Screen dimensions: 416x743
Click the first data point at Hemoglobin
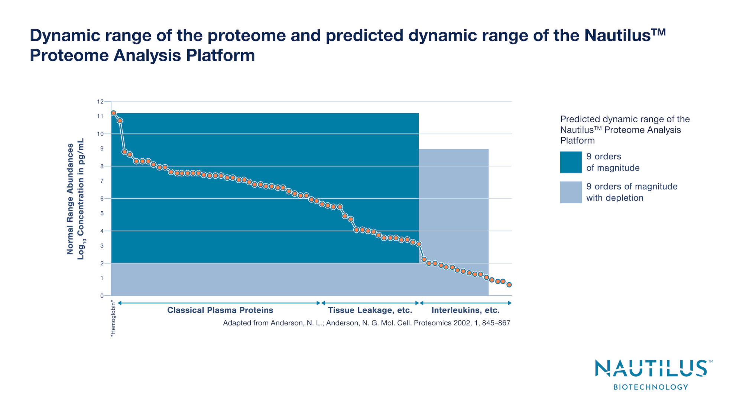113,113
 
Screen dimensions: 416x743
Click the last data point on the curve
509,285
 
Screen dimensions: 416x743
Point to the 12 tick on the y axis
100,101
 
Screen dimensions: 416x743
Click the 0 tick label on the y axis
101,296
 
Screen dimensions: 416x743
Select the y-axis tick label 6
101,199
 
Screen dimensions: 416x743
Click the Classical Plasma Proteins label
220,310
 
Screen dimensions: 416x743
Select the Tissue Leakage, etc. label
370,310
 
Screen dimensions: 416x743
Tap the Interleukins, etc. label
465,310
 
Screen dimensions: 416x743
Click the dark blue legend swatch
571,162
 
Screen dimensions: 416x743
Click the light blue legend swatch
571,192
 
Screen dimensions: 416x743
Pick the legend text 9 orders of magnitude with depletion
632,192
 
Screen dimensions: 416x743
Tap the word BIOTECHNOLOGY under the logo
651,387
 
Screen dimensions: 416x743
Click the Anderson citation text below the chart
366,323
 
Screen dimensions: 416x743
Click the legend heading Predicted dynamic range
624,119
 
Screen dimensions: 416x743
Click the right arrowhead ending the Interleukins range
510,303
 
